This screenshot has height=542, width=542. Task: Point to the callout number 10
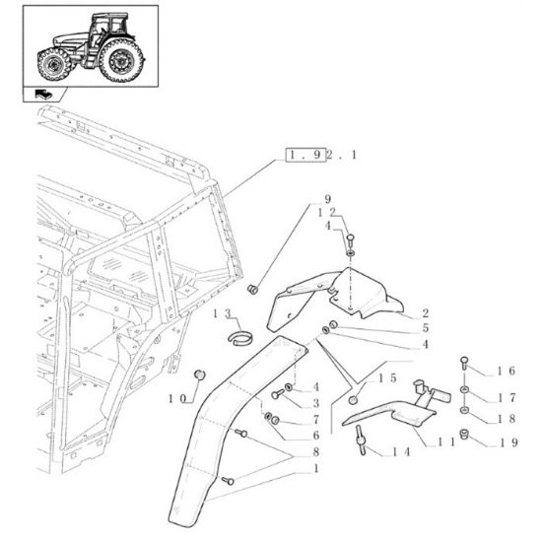pos(181,398)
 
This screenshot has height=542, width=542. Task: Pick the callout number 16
pos(505,372)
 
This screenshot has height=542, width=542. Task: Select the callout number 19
pos(505,442)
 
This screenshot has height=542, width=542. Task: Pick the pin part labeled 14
pos(365,444)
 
